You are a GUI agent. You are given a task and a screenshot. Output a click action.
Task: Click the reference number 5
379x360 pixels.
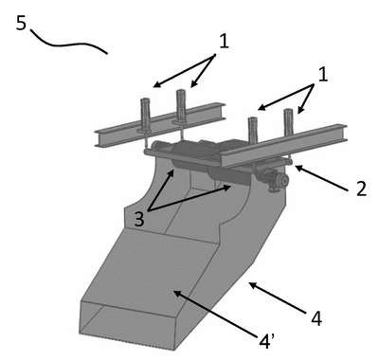point(21,23)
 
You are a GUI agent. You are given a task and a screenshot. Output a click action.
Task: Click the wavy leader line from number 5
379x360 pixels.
point(68,44)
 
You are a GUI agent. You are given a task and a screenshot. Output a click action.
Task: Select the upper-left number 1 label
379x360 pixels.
point(224,41)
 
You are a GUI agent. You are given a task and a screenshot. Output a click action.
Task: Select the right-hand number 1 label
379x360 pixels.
point(322,75)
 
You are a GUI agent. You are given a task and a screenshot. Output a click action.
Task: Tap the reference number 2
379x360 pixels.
point(361,189)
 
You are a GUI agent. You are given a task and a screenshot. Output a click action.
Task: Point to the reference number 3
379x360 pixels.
point(139,219)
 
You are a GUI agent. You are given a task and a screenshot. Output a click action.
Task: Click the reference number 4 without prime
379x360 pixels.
point(316,318)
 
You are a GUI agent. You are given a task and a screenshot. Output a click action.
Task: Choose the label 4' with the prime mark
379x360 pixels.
point(266,341)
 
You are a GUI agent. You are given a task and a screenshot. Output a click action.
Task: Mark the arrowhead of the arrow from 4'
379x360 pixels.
point(178,294)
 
